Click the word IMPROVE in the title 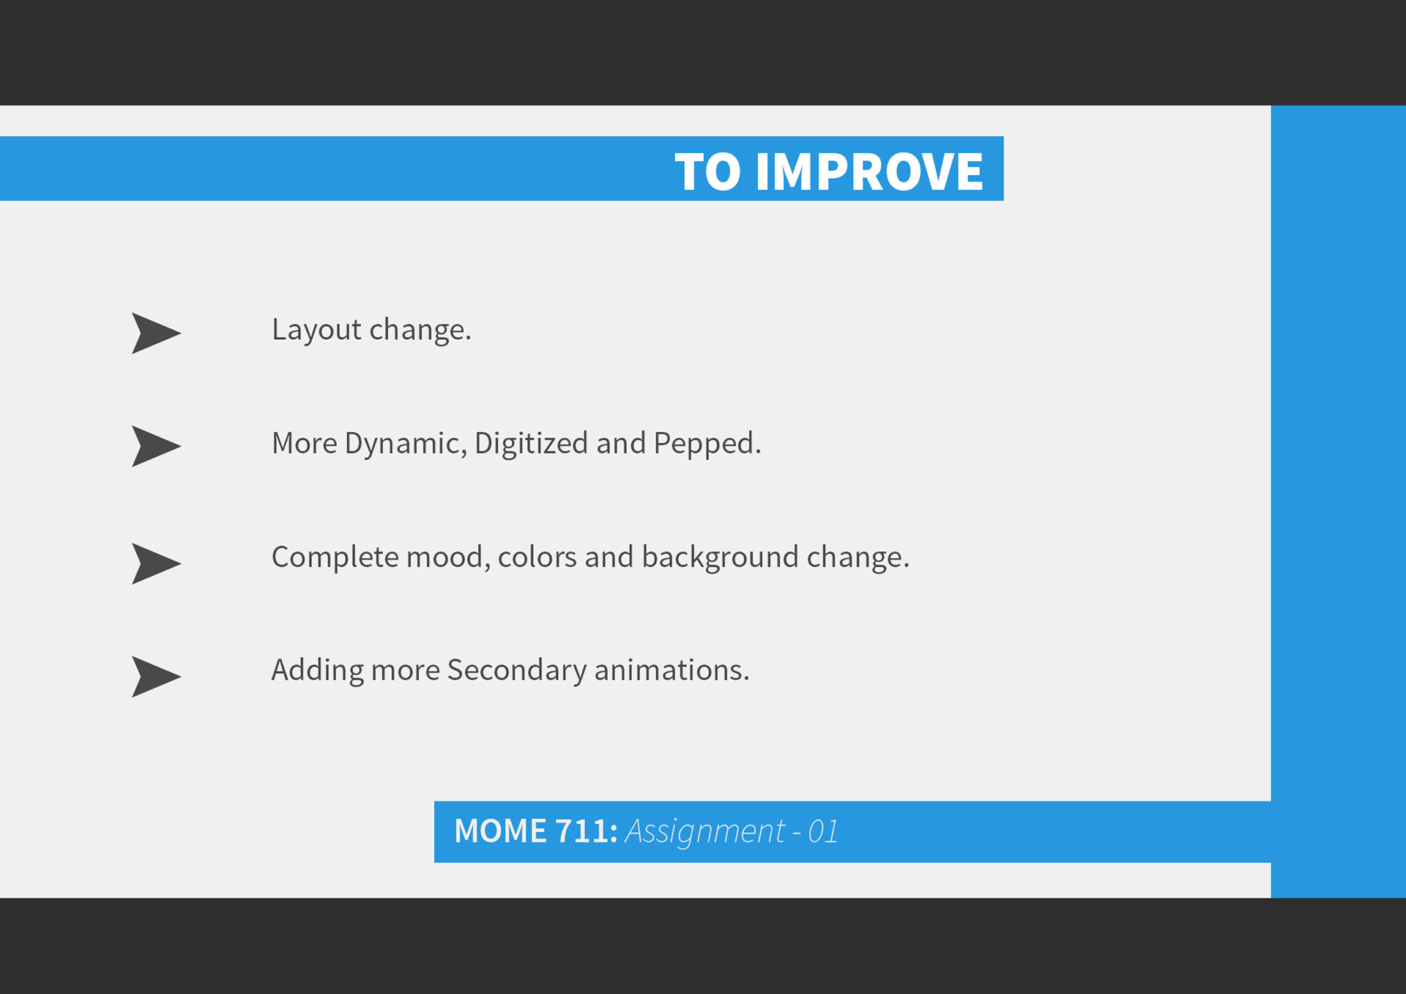[869, 172]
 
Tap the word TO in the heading [707, 172]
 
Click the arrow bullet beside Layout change [156, 333]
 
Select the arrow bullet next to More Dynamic [156, 446]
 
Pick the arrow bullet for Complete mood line [156, 563]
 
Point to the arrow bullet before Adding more [156, 676]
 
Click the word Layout [316, 331]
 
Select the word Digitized [531, 443]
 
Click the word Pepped [707, 445]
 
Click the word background [720, 558]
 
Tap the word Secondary [516, 671]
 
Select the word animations [672, 670]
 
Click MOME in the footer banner [500, 831]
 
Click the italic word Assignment [704, 832]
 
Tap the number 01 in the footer [822, 831]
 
